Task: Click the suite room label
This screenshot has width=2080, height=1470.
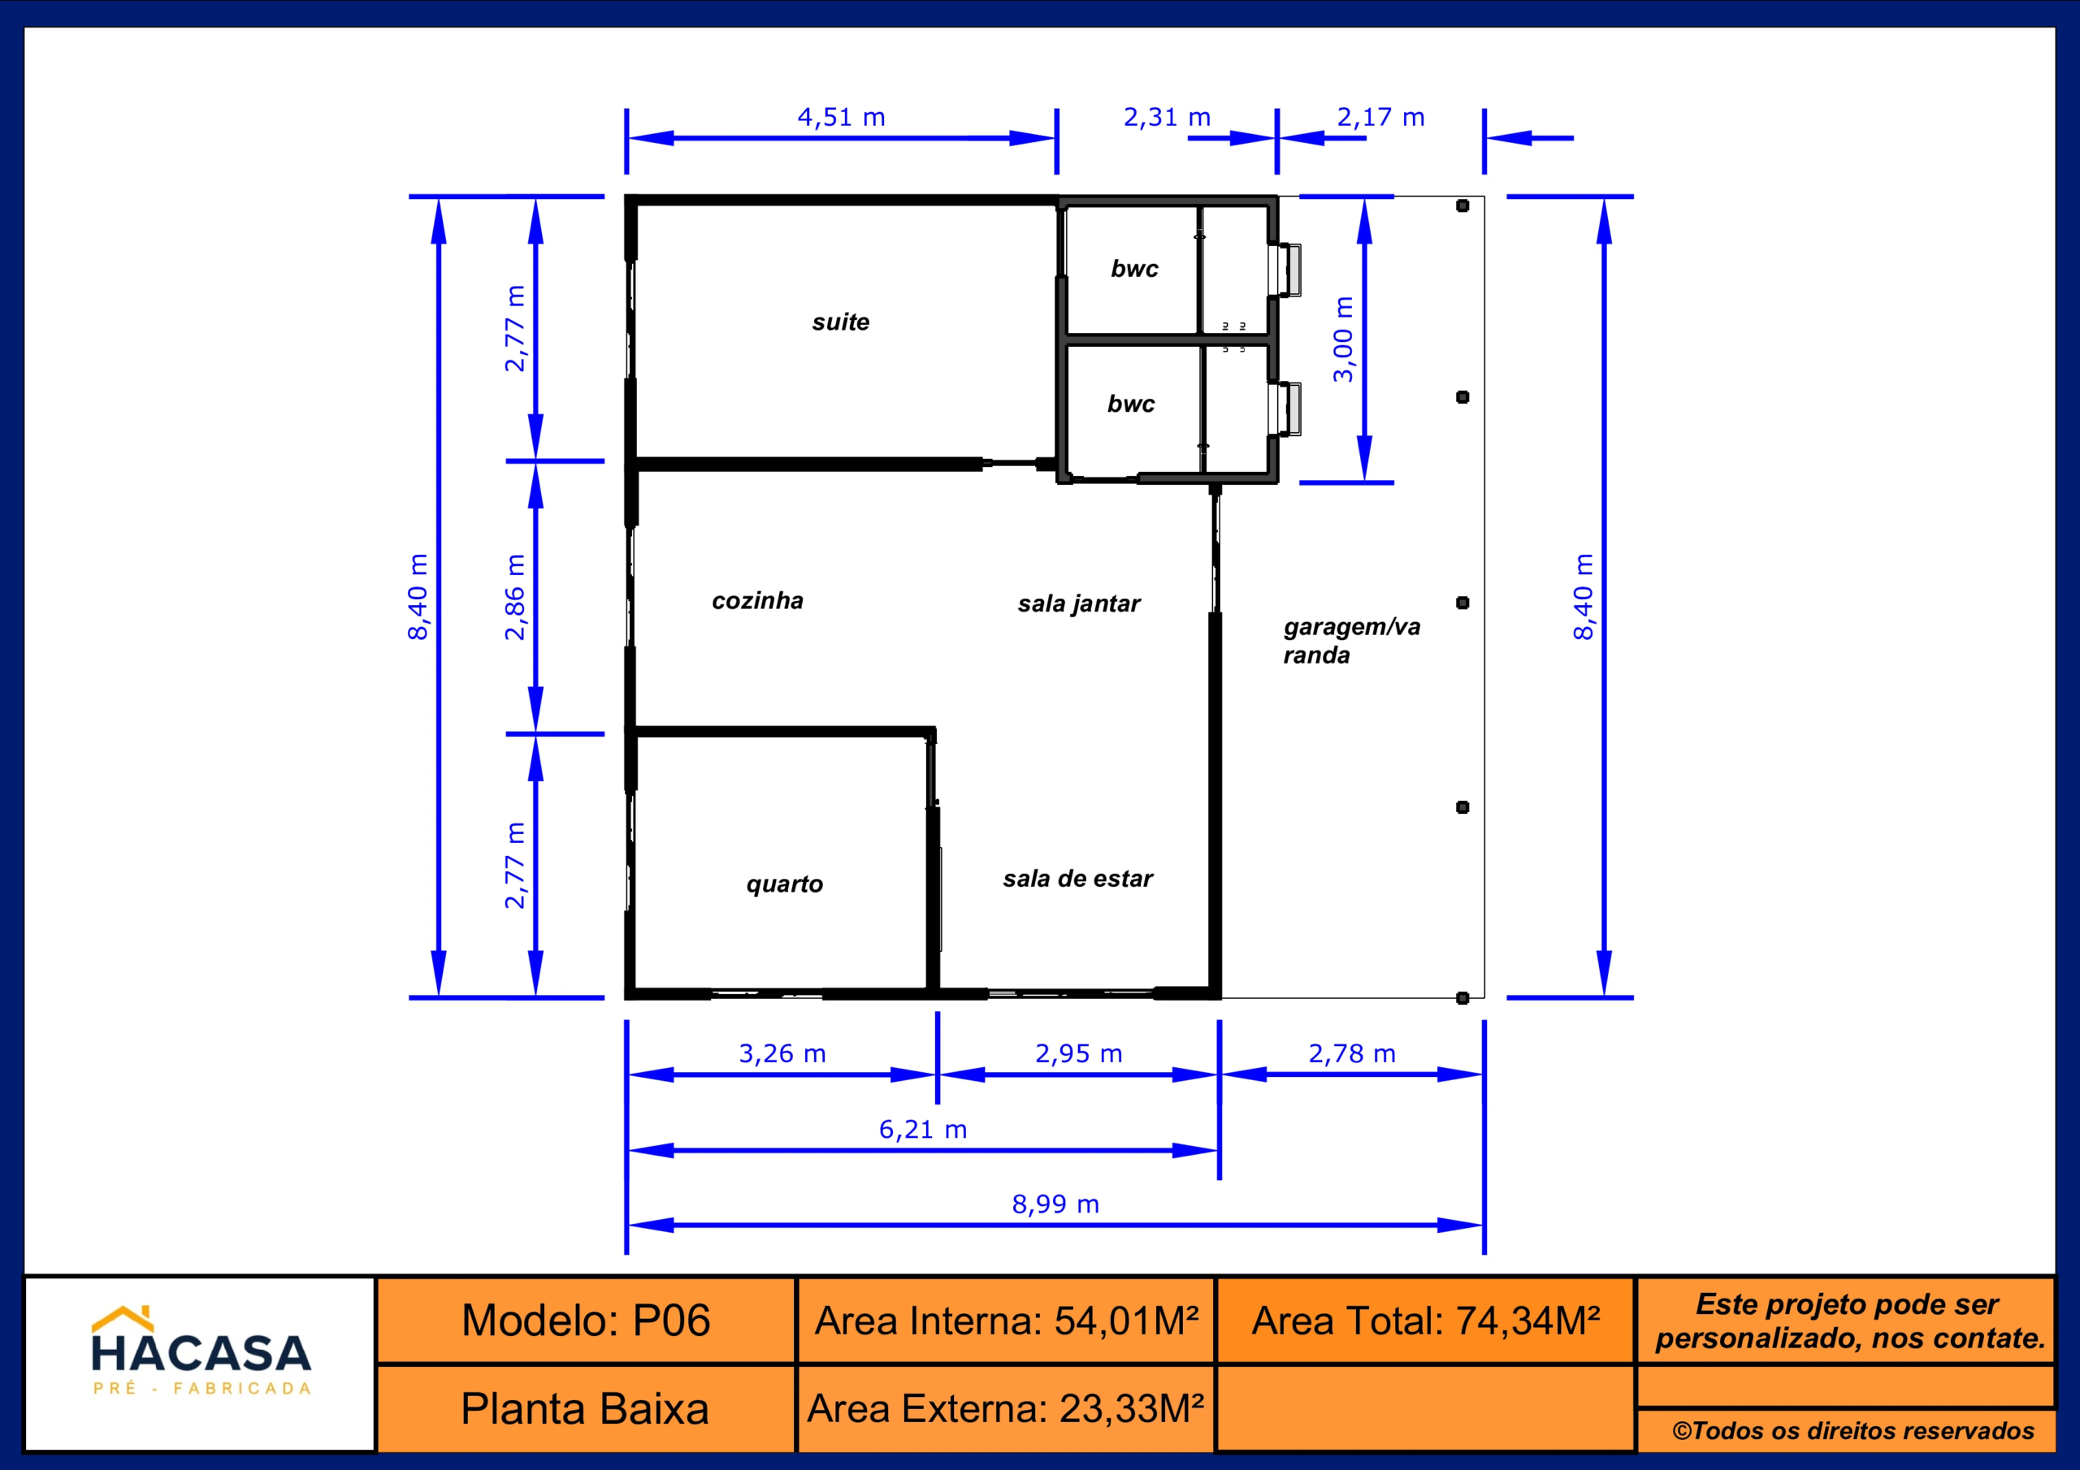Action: coord(841,322)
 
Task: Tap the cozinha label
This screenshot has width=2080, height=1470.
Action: coord(757,600)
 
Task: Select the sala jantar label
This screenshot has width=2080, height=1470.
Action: coord(1079,604)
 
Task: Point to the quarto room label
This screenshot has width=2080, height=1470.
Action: coord(785,884)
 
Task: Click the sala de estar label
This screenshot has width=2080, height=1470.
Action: coord(1078,879)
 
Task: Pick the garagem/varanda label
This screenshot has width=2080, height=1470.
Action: coord(1352,640)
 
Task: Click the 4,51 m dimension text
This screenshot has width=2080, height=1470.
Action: coord(842,117)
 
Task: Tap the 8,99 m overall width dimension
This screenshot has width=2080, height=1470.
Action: coord(1055,1204)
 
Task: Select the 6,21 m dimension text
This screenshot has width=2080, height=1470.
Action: coord(923,1130)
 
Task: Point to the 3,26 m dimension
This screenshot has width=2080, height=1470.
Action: coord(782,1053)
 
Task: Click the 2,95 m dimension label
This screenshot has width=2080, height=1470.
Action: coord(1079,1053)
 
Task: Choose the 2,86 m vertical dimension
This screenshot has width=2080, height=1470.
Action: coord(514,597)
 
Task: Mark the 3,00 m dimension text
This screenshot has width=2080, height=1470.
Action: coord(1342,339)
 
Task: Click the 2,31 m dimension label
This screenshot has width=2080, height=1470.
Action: coord(1168,117)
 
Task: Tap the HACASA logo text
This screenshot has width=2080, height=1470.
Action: coord(201,1353)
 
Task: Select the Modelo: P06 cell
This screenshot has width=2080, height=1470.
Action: coord(586,1321)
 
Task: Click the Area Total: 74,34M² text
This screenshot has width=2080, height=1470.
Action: coord(1426,1321)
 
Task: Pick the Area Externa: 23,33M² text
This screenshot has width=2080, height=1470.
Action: coord(1006,1408)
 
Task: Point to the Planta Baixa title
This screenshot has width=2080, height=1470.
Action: coord(585,1409)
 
